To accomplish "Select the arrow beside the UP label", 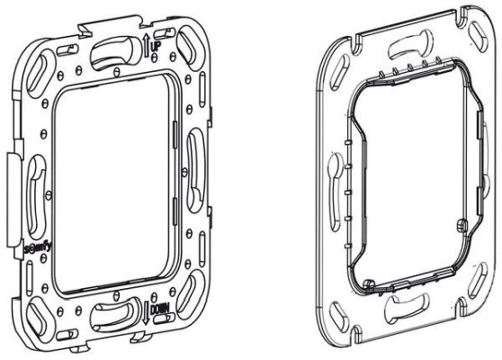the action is point(147,45).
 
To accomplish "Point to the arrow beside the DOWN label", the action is point(146,312).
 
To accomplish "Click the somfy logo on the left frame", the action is point(38,248).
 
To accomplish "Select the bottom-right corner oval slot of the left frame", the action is point(191,294).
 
